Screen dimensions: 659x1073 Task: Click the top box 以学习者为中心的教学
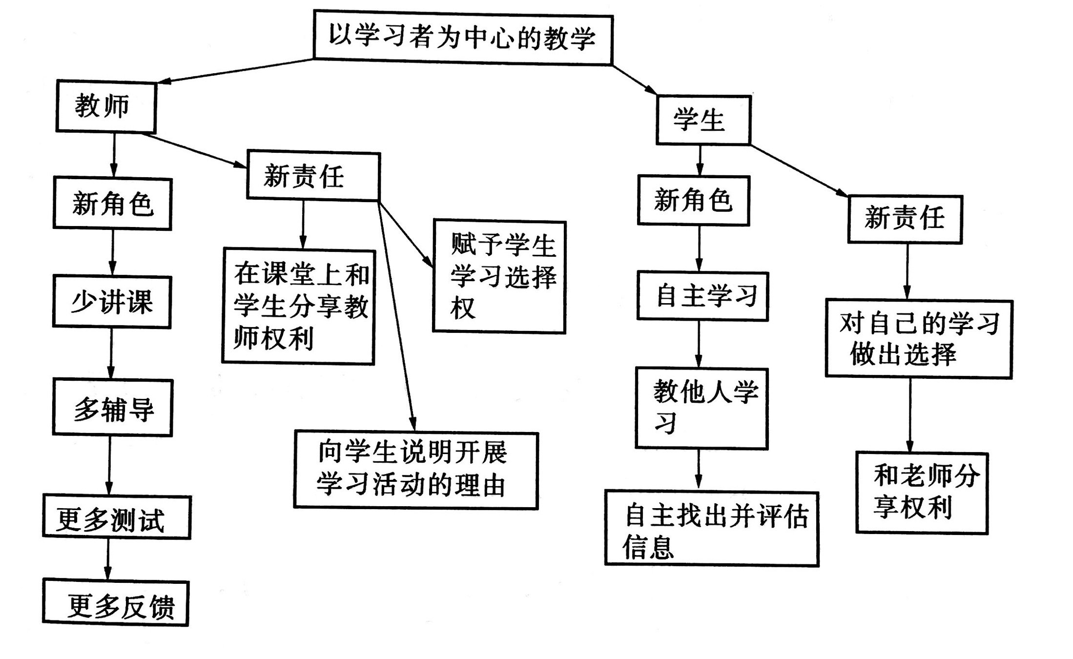[x=462, y=38]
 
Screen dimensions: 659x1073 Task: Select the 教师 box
[x=106, y=106]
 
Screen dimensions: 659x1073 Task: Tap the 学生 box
[x=703, y=120]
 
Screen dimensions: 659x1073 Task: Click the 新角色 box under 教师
[x=112, y=204]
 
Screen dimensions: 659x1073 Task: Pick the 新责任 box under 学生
[x=905, y=218]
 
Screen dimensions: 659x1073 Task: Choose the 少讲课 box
[x=112, y=302]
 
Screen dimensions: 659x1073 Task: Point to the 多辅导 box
[x=112, y=408]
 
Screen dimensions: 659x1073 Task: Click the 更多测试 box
[x=116, y=517]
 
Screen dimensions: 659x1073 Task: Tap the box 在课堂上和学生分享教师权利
[x=299, y=307]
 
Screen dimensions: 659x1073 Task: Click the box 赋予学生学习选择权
[x=499, y=277]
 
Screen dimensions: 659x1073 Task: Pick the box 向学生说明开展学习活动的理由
[x=416, y=470]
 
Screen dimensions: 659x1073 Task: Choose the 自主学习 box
[x=702, y=296]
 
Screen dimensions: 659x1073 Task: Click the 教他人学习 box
[x=702, y=408]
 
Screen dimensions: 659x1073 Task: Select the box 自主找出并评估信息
[x=711, y=529]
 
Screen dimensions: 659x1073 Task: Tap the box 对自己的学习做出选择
[x=918, y=338]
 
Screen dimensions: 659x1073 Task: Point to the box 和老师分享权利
[x=922, y=493]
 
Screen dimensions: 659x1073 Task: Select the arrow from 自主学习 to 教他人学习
[x=699, y=344]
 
